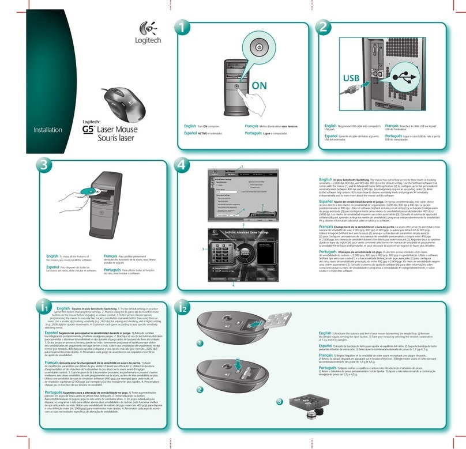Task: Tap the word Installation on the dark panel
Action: (48, 130)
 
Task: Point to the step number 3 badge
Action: (42, 164)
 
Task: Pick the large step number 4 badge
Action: (183, 164)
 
